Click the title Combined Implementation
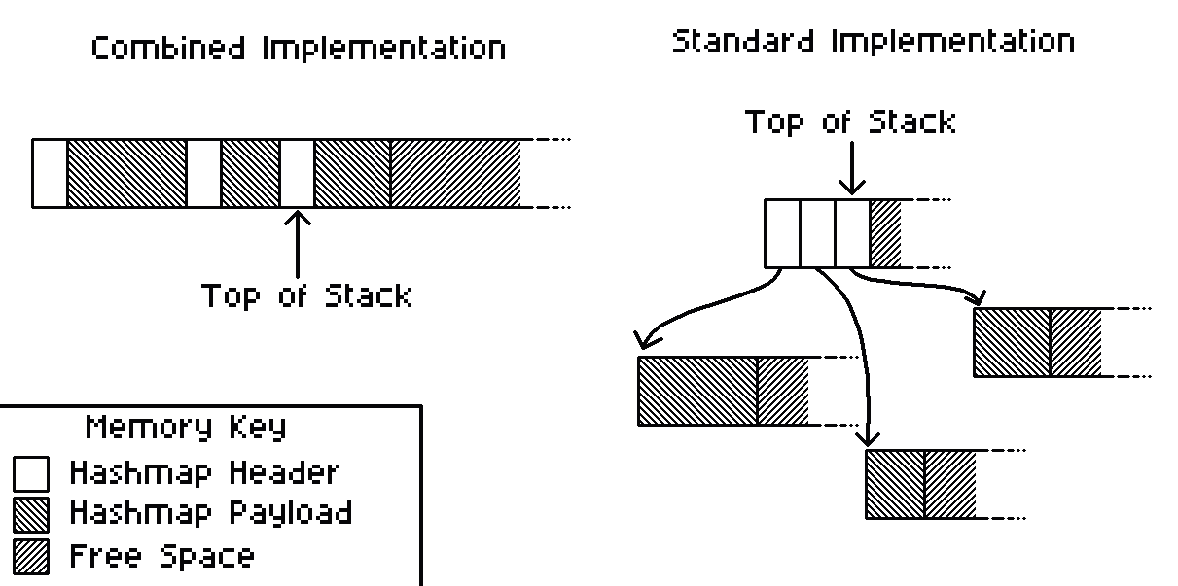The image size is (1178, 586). (x=299, y=49)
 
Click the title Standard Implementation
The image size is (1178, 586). (x=873, y=42)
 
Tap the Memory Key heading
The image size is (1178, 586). (x=186, y=427)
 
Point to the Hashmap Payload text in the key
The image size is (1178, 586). (x=210, y=512)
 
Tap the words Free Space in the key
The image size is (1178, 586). (x=161, y=556)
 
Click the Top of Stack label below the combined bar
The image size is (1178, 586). (x=306, y=294)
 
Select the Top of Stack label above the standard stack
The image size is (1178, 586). (x=850, y=122)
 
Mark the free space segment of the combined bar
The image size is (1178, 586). (x=455, y=173)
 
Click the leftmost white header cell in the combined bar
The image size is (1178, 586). (x=50, y=173)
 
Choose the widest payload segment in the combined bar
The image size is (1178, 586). (x=126, y=173)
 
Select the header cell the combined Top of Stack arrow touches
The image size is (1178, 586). (x=298, y=173)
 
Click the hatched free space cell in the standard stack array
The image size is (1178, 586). (x=885, y=233)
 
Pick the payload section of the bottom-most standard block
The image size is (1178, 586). (x=894, y=483)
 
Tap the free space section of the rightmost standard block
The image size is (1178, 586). (x=1076, y=342)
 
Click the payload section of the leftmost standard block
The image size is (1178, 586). (x=696, y=391)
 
